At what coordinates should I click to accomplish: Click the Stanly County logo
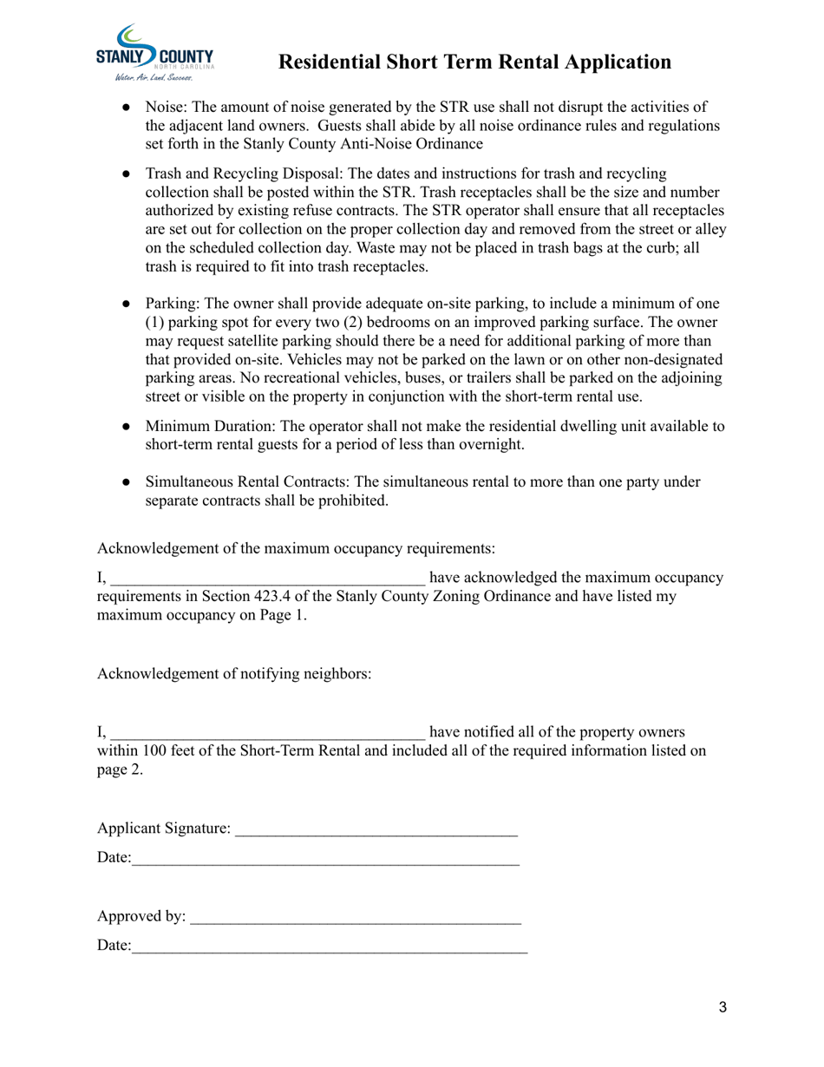pos(154,54)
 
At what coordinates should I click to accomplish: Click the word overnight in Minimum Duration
pos(493,445)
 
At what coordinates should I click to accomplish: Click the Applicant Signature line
pos(376,831)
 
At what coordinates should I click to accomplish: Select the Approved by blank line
pos(356,918)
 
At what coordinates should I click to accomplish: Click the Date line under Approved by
pos(330,947)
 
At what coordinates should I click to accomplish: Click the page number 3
pos(723,1008)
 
